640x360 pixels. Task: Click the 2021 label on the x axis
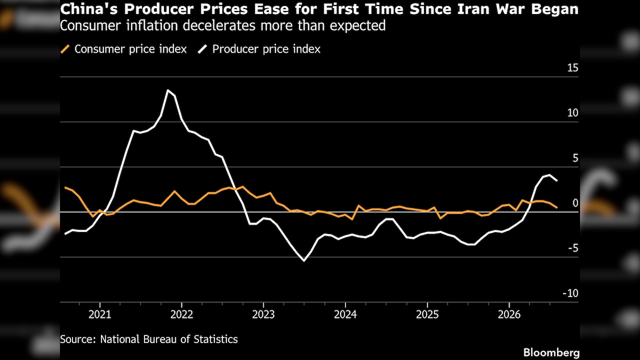pos(99,314)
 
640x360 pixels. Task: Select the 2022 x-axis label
pos(181,314)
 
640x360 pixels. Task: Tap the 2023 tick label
pos(263,314)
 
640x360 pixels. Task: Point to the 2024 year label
pos(345,314)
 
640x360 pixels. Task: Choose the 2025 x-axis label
pos(427,314)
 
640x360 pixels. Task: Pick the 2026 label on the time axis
pos(509,314)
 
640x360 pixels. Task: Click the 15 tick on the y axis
pos(572,68)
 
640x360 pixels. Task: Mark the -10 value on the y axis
pos(570,293)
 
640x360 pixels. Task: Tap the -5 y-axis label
pos(573,248)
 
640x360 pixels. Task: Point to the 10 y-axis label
pos(572,113)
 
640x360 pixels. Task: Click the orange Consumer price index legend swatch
pos(65,49)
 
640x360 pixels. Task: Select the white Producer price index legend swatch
pos(202,49)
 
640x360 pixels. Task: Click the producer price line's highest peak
pos(168,90)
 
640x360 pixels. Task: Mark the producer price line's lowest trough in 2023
pos(304,261)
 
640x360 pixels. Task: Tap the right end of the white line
pos(556,180)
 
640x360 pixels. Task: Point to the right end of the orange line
pos(556,207)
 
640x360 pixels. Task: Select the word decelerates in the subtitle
pos(219,25)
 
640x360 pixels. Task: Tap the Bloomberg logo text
pos(551,353)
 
